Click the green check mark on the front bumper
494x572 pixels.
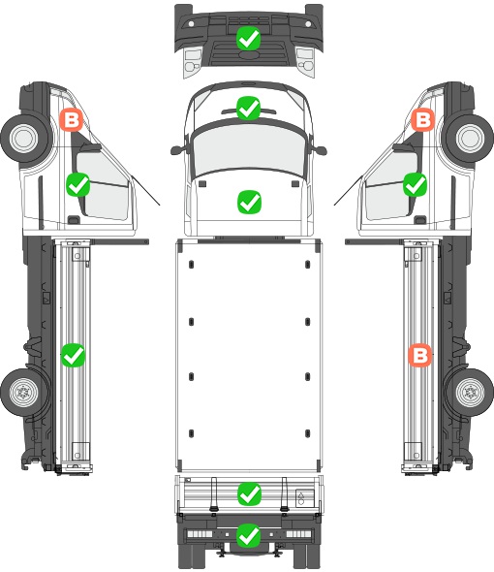tap(248, 39)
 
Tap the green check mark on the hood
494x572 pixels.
tap(249, 202)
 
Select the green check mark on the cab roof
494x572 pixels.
tap(248, 108)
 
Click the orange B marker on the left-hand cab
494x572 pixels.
tap(72, 119)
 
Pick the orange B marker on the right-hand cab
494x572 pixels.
tap(423, 119)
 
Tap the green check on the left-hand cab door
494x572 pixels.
tap(78, 185)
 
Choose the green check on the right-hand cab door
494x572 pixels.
tap(415, 184)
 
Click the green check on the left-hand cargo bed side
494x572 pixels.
tap(73, 355)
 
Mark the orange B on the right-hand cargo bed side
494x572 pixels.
tap(420, 355)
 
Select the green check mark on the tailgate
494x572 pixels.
tap(249, 493)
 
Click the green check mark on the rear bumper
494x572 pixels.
tap(249, 535)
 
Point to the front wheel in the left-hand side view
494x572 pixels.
tap(24, 139)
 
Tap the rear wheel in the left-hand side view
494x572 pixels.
tap(23, 393)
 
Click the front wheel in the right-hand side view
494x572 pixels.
tap(471, 139)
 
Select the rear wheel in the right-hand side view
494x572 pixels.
tap(470, 393)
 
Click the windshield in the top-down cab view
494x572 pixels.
tap(249, 148)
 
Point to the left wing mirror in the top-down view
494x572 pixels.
tap(177, 149)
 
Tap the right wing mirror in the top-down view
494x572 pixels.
tap(320, 149)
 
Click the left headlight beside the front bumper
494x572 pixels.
tap(193, 61)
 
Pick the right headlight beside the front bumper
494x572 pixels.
tap(305, 61)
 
